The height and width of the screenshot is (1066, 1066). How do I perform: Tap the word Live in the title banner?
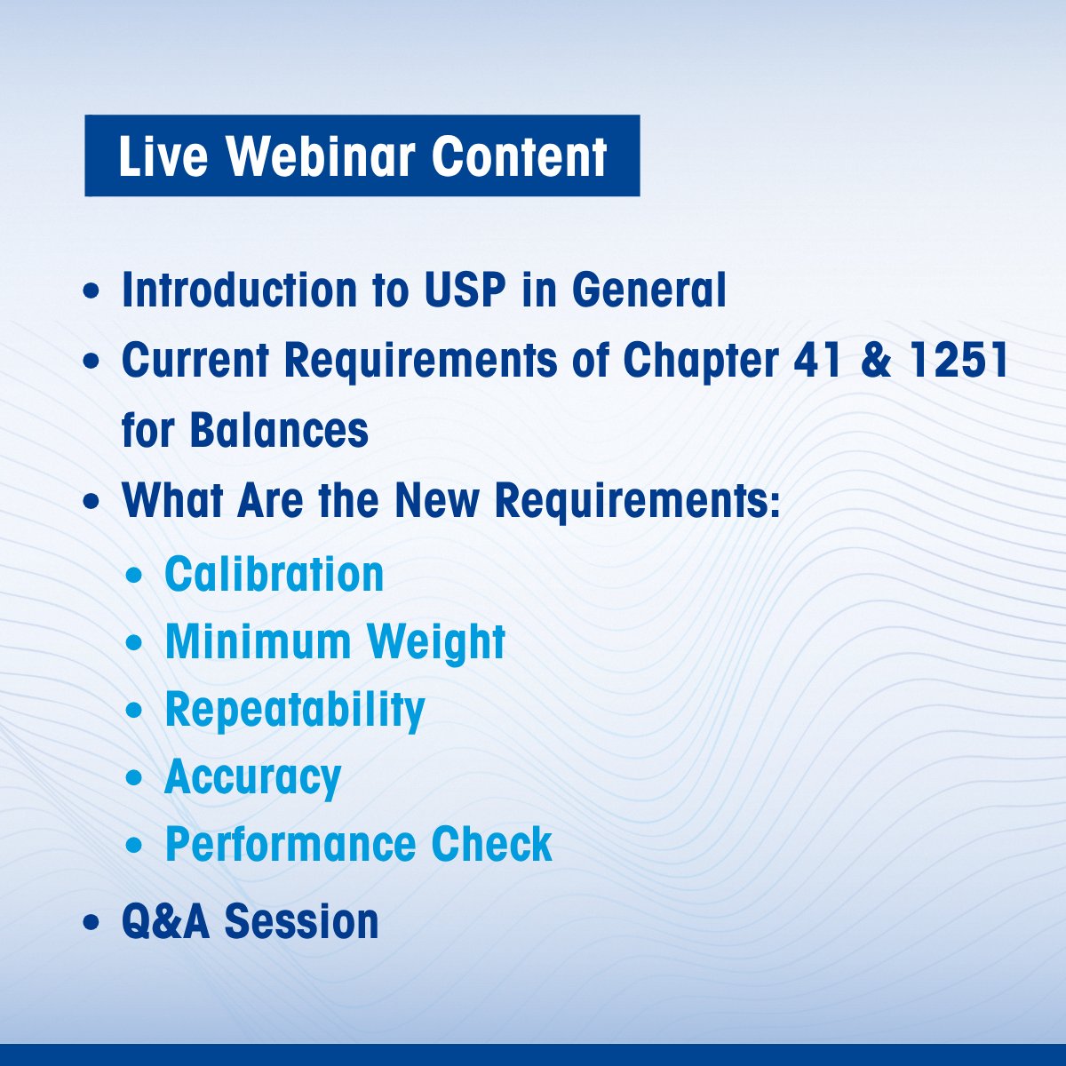click(x=163, y=156)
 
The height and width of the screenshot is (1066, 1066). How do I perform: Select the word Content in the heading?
click(x=519, y=156)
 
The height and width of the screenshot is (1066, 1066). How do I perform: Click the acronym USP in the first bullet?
click(x=465, y=290)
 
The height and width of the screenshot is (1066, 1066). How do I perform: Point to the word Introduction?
click(x=240, y=290)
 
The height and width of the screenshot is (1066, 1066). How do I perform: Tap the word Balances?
click(x=279, y=430)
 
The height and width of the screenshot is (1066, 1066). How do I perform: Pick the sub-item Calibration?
click(x=274, y=574)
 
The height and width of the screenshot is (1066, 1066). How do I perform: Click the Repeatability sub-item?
click(x=295, y=712)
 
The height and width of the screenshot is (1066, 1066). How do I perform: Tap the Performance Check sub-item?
click(x=359, y=844)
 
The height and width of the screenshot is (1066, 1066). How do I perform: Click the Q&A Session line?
click(x=250, y=921)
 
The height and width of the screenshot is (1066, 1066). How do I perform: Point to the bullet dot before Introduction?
click(x=91, y=291)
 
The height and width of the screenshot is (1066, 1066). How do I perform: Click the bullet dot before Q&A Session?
click(x=91, y=923)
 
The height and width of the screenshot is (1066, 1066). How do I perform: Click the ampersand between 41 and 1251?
click(x=876, y=360)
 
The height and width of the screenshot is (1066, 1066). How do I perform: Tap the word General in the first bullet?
click(x=648, y=290)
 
